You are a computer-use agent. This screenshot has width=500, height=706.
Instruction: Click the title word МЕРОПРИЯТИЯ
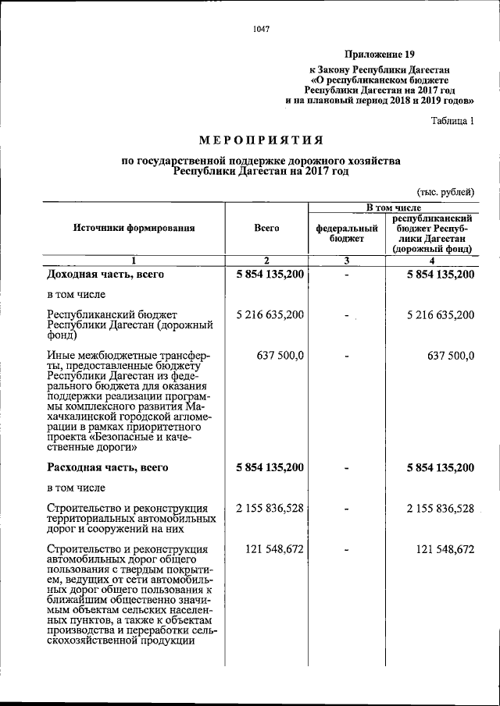260,140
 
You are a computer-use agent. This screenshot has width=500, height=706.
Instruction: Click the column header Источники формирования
134,229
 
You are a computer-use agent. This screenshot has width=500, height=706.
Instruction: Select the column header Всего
266,229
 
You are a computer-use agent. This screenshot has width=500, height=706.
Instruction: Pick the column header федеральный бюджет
346,232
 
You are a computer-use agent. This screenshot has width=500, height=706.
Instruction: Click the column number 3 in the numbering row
346,261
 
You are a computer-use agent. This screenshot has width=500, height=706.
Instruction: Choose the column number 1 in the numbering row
134,261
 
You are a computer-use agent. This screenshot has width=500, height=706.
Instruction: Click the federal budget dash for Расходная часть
346,468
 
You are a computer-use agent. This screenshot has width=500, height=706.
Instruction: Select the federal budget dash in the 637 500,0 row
346,357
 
